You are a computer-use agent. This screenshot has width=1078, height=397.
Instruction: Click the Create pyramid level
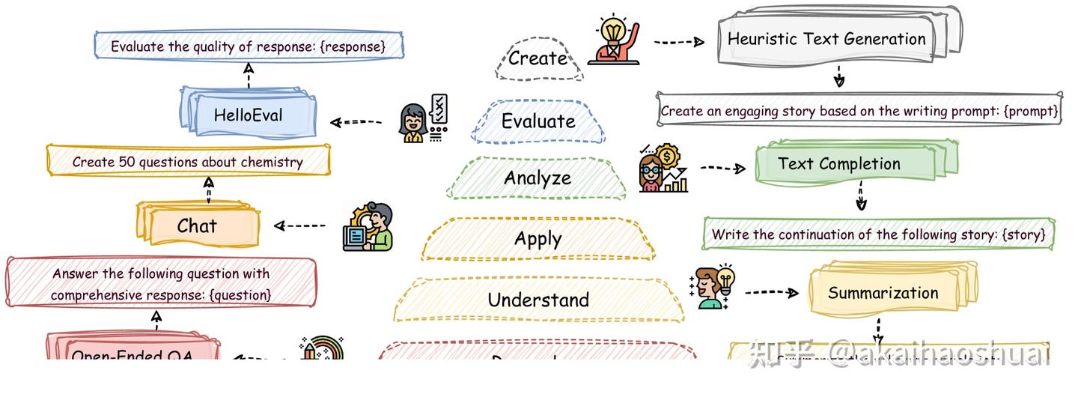[538, 58]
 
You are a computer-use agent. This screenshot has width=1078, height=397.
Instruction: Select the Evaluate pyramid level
[538, 121]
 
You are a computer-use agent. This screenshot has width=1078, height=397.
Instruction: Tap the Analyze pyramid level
[538, 178]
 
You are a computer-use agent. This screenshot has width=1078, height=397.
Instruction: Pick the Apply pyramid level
[538, 240]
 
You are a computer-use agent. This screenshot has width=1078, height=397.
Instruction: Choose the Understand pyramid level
[538, 300]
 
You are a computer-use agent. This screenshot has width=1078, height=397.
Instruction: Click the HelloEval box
[249, 115]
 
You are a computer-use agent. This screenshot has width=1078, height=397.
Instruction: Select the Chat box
[198, 225]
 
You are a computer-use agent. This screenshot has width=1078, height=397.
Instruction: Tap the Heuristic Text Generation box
[826, 39]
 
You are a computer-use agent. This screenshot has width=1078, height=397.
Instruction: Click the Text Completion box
[839, 164]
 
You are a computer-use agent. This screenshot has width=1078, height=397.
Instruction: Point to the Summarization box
[883, 293]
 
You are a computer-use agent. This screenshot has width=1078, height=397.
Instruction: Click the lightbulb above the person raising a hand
[612, 31]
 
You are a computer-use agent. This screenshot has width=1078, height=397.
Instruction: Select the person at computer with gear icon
[369, 226]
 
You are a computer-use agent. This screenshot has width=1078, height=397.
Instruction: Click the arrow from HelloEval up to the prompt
[249, 74]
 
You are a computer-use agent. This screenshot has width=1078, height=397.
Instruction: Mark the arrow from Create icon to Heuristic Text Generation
[678, 42]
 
